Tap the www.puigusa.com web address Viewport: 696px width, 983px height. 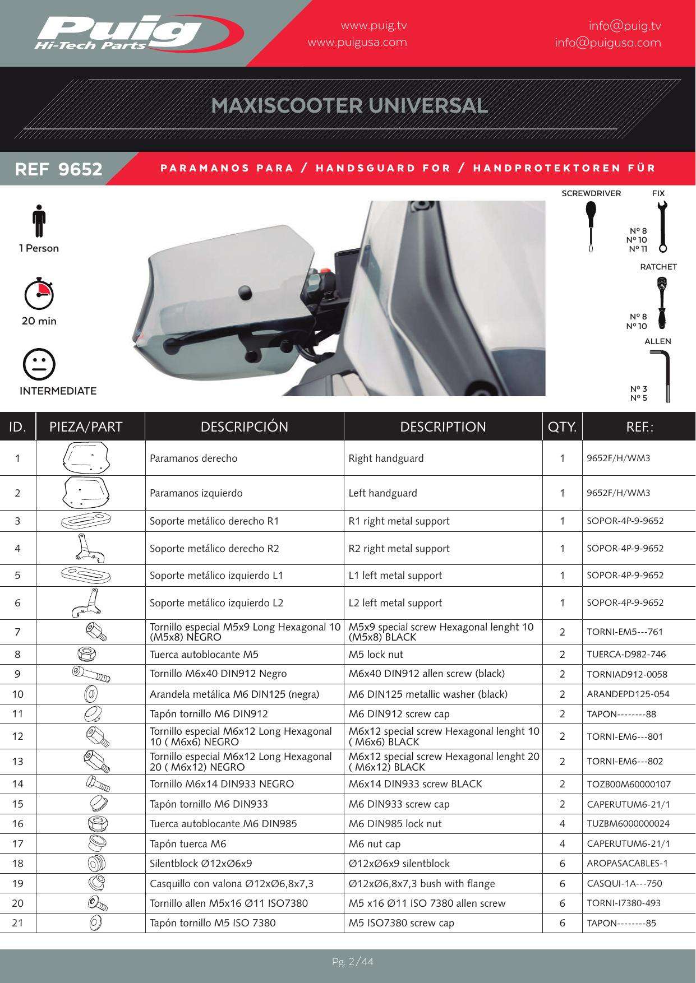357,43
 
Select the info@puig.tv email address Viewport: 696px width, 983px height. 625,26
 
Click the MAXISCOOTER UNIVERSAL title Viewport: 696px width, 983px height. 349,105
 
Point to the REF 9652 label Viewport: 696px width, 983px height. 59,169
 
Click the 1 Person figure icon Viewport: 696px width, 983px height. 38,221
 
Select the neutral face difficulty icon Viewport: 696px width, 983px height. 39,364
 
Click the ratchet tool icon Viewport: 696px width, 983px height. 662,303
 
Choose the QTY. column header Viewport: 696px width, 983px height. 563,427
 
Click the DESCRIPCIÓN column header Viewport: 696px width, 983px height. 245,427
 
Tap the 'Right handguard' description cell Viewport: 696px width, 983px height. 386,458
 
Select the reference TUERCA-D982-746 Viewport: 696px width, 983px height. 626,655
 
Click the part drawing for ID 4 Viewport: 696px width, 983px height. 90,548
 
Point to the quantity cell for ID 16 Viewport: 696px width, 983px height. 563,824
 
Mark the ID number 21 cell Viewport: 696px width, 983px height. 18,923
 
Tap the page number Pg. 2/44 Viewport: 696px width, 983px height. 353,962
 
